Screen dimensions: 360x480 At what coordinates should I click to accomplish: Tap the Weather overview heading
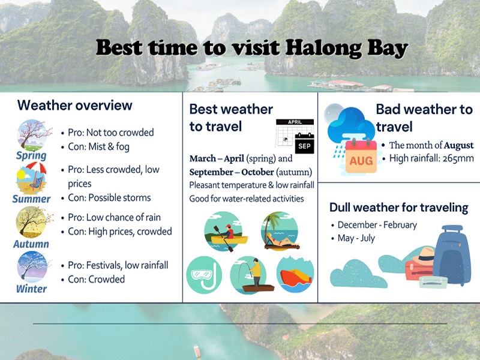[74, 106]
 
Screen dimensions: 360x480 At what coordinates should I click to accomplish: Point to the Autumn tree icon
[32, 222]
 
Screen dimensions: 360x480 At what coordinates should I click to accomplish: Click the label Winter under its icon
[32, 289]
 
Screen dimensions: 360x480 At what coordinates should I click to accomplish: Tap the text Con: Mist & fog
[98, 146]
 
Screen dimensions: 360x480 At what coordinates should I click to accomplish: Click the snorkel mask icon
[204, 275]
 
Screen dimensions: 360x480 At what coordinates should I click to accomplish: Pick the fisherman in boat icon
[249, 275]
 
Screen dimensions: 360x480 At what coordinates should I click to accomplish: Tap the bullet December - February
[377, 225]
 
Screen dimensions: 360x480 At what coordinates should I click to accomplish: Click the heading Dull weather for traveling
[398, 208]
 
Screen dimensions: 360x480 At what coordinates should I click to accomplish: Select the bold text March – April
[217, 159]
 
